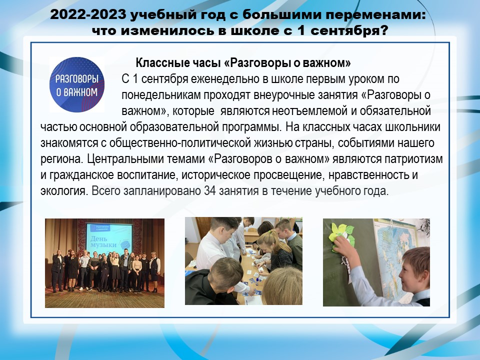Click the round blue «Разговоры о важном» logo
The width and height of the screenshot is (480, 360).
tap(77, 84)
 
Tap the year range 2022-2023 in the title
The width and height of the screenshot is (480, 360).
tap(88, 14)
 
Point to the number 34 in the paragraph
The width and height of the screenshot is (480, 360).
tap(210, 190)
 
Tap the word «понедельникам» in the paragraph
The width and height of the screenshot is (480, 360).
tap(161, 95)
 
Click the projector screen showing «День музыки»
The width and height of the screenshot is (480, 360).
tap(109, 238)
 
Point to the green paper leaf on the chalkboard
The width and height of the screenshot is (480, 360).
tap(341, 234)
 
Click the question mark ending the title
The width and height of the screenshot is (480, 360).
tap(384, 30)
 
